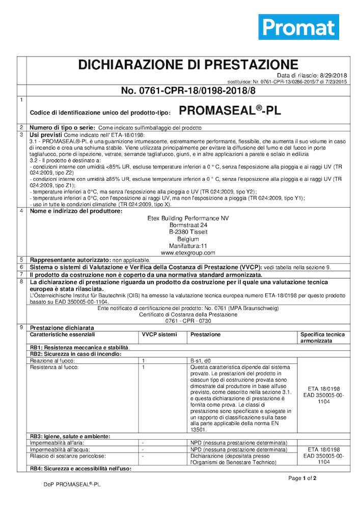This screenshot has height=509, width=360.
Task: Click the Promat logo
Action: coord(298,26)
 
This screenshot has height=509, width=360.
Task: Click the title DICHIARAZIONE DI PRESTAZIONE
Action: coord(188,65)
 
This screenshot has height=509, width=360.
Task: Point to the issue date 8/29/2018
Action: coord(335,75)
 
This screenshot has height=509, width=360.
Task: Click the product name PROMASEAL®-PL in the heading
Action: coord(230,110)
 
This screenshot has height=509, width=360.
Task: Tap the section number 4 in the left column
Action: coord(21,211)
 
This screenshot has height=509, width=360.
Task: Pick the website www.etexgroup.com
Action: coord(188,252)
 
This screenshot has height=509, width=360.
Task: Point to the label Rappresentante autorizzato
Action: coord(70,260)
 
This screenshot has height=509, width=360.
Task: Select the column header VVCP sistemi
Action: coord(159,334)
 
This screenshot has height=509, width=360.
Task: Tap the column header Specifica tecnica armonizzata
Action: coord(322,337)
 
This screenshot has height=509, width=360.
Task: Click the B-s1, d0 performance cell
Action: coord(202,360)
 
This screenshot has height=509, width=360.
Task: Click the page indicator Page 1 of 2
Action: coord(302,478)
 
